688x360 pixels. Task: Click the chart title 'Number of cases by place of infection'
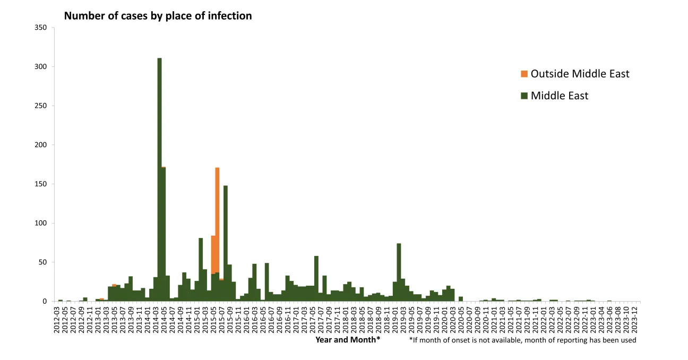pyautogui.click(x=158, y=16)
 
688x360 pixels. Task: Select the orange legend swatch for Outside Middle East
pyautogui.click(x=524, y=74)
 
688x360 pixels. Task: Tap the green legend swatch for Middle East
pyautogui.click(x=524, y=96)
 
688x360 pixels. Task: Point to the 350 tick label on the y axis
pyautogui.click(x=41, y=28)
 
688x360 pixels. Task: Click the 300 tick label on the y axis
pyautogui.click(x=41, y=67)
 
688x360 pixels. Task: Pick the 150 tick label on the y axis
pyautogui.click(x=41, y=184)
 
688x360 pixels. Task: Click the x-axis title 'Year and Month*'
pyautogui.click(x=348, y=340)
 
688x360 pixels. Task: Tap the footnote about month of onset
pyautogui.click(x=522, y=340)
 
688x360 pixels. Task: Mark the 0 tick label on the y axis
pyautogui.click(x=45, y=302)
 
